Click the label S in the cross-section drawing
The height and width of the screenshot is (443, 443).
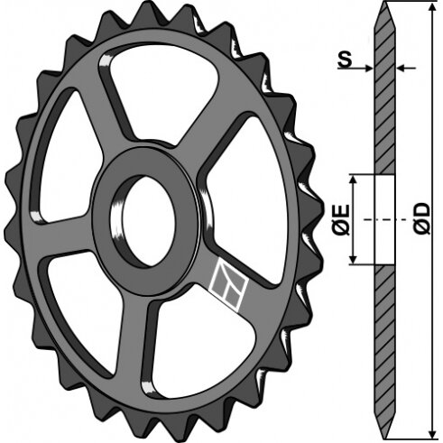coord(345,60)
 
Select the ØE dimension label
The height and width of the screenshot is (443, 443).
coord(341,219)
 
